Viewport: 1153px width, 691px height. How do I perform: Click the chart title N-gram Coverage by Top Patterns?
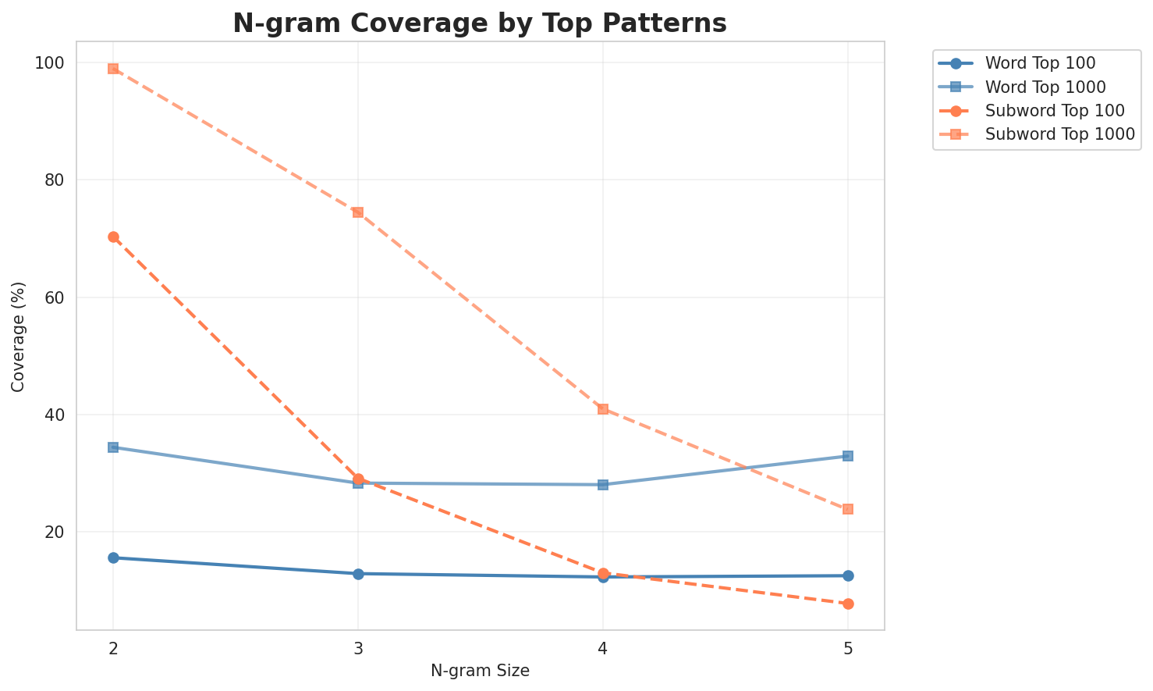[480, 23]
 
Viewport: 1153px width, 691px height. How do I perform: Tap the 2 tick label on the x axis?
[113, 647]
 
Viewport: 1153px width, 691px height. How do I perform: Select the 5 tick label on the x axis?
[848, 647]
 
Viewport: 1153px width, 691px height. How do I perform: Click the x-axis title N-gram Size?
[480, 671]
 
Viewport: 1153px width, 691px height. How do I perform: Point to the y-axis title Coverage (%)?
[18, 337]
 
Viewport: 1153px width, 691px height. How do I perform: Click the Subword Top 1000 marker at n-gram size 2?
[113, 69]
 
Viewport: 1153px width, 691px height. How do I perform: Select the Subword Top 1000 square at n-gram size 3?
[358, 212]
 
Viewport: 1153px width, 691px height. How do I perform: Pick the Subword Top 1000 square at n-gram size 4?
[603, 409]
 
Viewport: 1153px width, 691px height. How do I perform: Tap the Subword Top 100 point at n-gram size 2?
[113, 237]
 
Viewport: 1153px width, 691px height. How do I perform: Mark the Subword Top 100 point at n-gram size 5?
[848, 604]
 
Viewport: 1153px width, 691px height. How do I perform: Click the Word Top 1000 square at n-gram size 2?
[113, 447]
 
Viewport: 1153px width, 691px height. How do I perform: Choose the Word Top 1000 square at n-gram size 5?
[848, 456]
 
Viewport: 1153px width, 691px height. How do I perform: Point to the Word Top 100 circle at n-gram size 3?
[358, 574]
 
